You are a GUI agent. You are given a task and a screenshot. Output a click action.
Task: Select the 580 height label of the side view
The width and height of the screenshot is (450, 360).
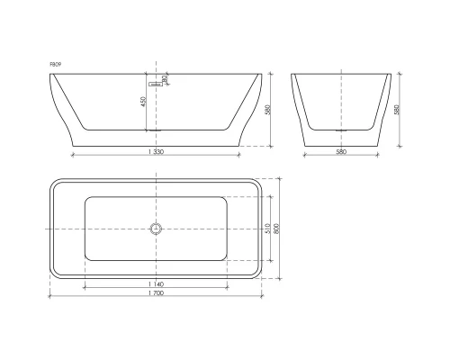pos(267,110)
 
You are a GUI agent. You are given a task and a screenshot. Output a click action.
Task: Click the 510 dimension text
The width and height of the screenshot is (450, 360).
pos(267,229)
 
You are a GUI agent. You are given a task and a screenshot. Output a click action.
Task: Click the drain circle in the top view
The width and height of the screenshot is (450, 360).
pos(156,229)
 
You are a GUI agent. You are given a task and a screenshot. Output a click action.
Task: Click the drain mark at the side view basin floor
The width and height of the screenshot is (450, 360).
pos(157,130)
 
